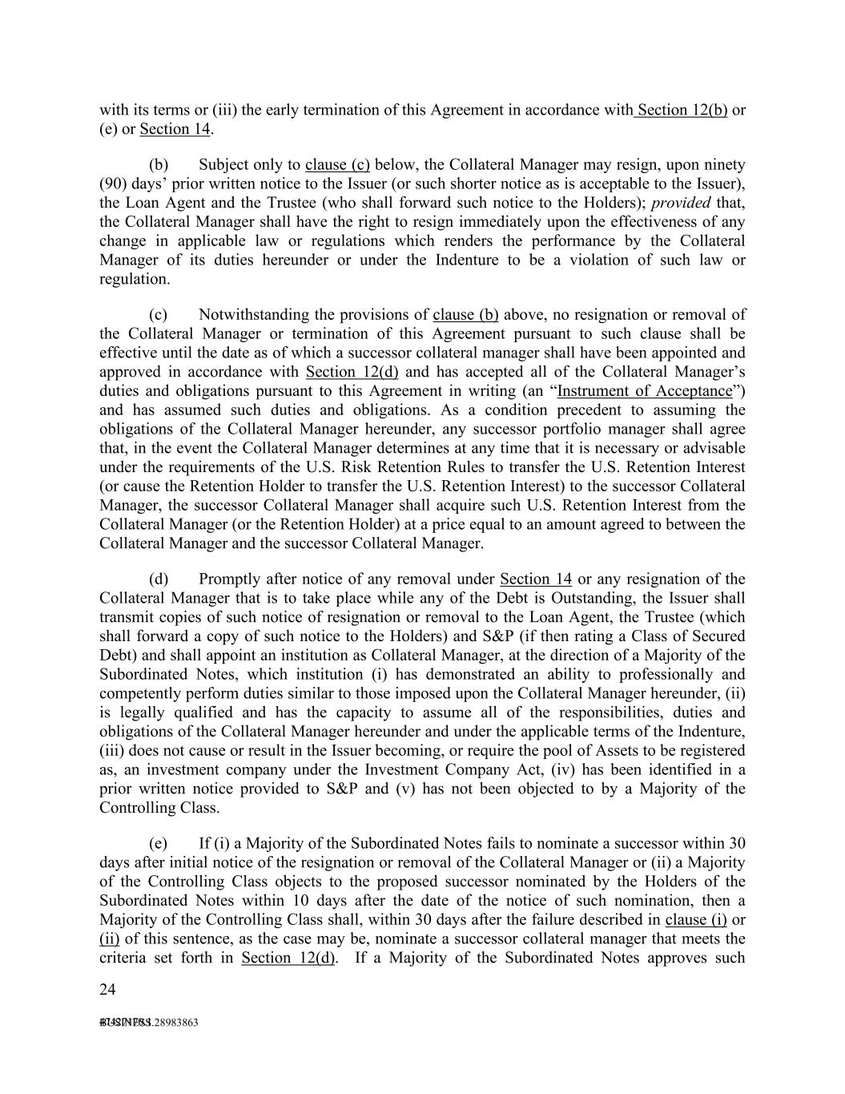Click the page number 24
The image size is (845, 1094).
coord(107,990)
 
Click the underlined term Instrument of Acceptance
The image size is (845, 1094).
coord(645,391)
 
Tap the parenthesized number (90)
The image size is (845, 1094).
coord(113,184)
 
